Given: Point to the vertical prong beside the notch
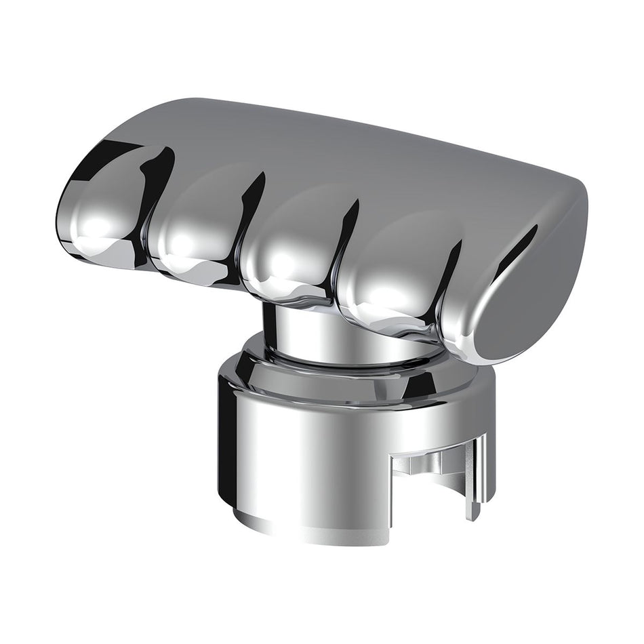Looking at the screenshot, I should click(478, 475).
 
